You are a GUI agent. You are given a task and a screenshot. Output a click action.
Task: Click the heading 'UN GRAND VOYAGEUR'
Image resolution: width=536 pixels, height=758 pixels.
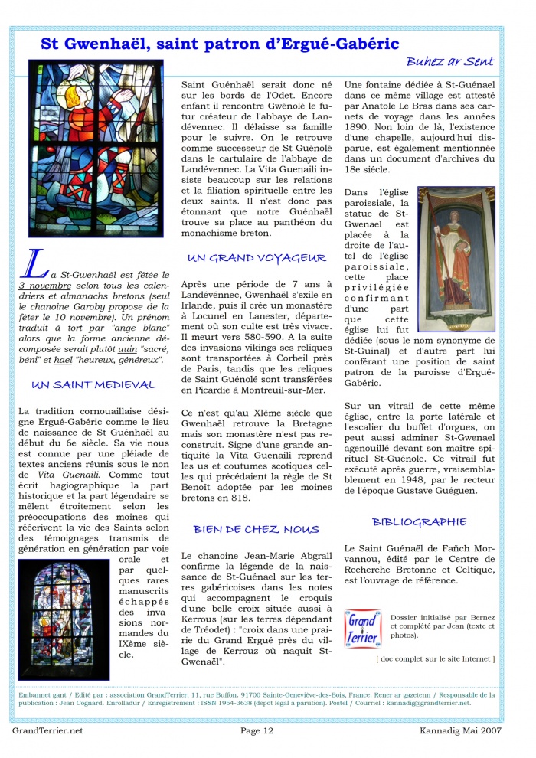[x=257, y=258]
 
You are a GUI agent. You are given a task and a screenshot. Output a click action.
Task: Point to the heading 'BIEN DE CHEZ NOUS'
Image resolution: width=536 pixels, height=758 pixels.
[x=257, y=529]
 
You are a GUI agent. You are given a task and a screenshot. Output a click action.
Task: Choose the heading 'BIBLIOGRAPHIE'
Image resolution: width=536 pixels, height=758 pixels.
[x=419, y=522]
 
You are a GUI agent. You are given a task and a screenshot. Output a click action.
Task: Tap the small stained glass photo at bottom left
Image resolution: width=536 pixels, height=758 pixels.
[x=64, y=610]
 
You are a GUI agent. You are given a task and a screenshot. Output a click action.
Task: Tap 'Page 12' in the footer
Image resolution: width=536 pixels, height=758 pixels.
[x=257, y=730]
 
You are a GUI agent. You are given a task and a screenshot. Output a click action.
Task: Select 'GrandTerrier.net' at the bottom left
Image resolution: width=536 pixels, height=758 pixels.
[x=47, y=730]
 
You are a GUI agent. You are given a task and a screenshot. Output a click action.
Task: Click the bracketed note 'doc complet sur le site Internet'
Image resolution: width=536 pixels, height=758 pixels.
[x=435, y=658]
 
